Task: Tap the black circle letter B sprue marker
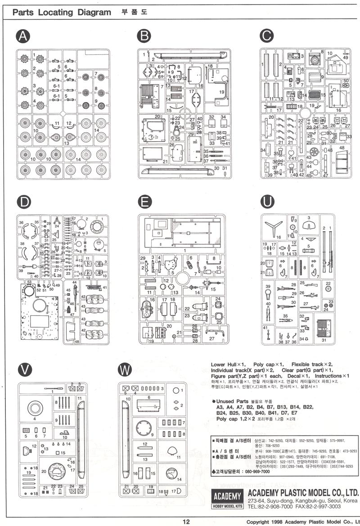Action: (144, 36)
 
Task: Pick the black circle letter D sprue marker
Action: (22, 202)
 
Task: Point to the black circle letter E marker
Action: (144, 202)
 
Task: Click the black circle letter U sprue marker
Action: (268, 202)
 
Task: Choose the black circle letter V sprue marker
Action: (22, 369)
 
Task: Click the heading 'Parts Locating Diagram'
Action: (62, 13)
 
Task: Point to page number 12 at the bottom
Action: (186, 522)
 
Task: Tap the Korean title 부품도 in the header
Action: (134, 12)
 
